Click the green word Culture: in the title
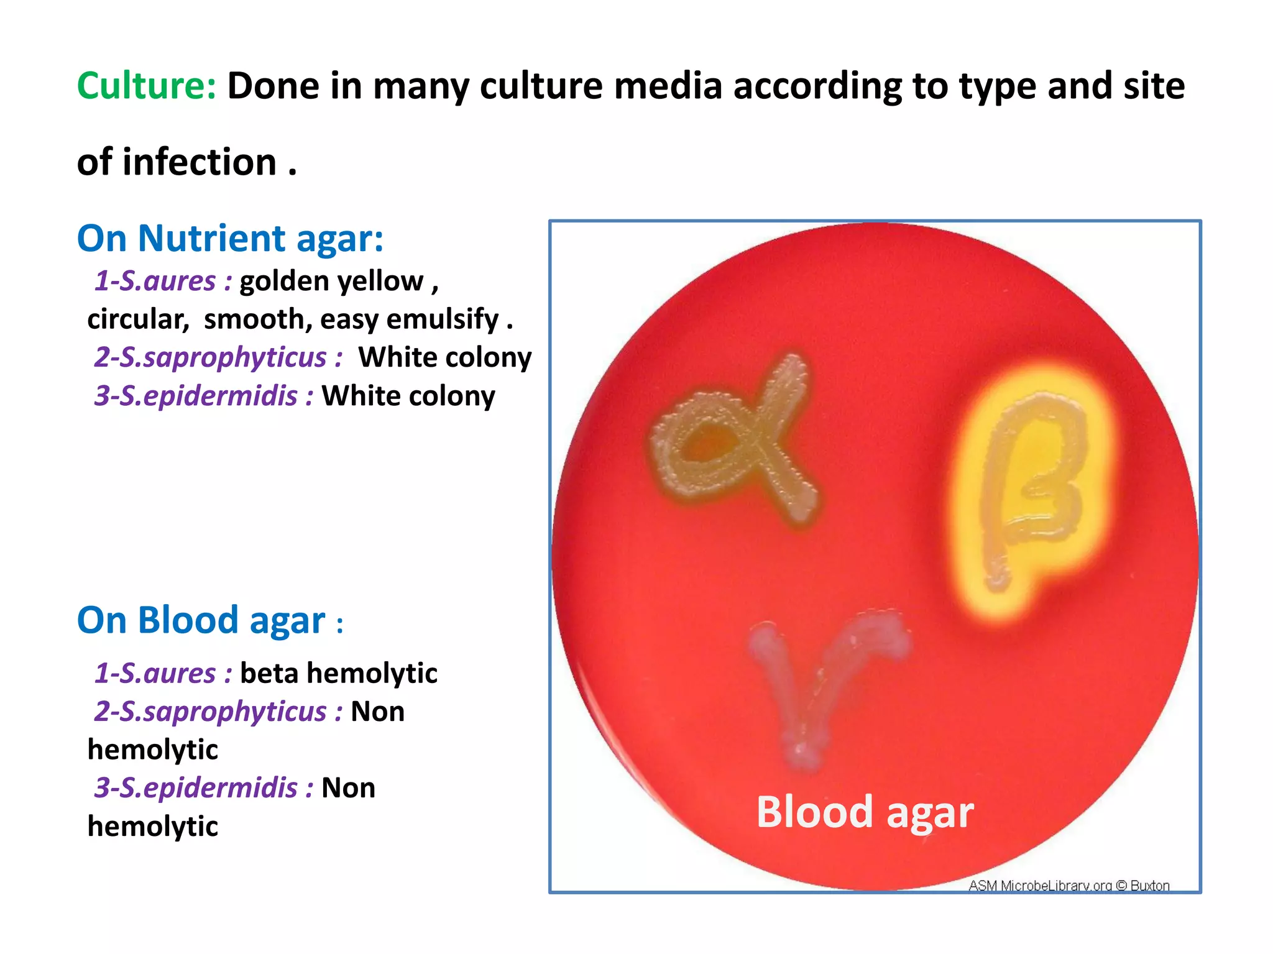pos(146,86)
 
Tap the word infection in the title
pos(199,162)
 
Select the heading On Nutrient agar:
pos(230,238)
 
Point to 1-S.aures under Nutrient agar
pos(163,281)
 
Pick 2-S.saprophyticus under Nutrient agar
pos(218,357)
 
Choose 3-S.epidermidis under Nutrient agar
pos(203,396)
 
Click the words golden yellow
pos(331,281)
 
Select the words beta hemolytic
pos(338,673)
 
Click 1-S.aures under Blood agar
pos(163,673)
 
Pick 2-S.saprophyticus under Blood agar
pos(218,712)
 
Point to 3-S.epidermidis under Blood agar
pos(203,788)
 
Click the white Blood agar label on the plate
pos(865,812)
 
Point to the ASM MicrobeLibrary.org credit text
pos(1068,885)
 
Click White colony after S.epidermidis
pos(408,396)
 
